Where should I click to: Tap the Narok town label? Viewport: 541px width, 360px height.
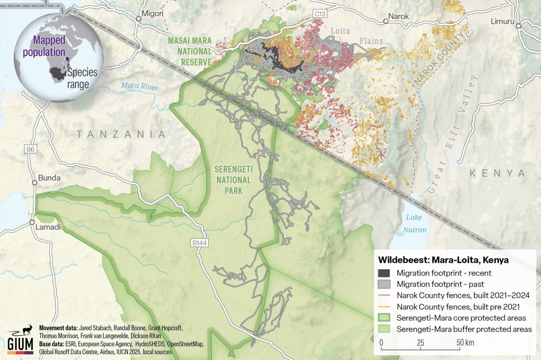coord(398,16)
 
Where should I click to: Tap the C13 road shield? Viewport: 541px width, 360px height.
coord(319,12)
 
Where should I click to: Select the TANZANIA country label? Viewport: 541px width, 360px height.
coord(121,135)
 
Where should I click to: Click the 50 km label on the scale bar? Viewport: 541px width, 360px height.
coord(464,343)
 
